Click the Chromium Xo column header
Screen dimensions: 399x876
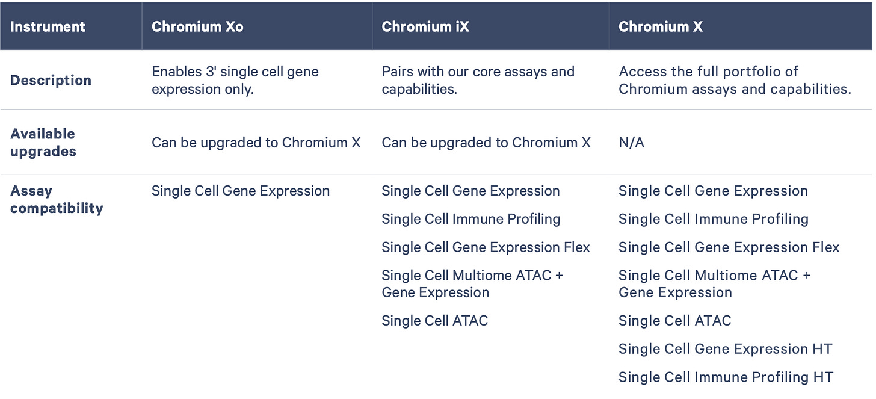(197, 27)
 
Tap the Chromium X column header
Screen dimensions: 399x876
(660, 27)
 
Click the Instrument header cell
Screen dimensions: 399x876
(48, 27)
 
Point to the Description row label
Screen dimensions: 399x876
(51, 81)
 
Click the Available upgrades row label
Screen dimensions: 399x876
(43, 143)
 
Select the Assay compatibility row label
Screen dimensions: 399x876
(57, 200)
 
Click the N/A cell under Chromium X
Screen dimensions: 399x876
(631, 143)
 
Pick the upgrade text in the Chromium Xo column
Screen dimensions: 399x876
(256, 143)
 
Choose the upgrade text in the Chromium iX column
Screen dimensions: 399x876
(486, 143)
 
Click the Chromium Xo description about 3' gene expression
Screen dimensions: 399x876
(235, 81)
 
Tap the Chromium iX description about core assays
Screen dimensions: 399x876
(478, 81)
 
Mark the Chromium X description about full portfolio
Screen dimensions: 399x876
(735, 81)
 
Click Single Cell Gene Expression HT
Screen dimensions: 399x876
(725, 349)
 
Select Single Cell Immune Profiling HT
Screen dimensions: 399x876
(726, 377)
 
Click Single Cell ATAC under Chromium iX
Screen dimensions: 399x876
(434, 321)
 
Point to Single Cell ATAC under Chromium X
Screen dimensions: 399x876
(674, 321)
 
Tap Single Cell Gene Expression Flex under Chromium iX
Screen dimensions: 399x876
(486, 247)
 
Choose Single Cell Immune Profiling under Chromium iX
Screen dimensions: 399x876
(470, 219)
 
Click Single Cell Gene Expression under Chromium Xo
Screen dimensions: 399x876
(240, 191)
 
